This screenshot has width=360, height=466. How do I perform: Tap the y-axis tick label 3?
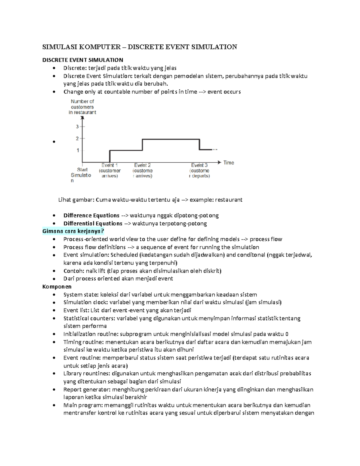click(x=77, y=127)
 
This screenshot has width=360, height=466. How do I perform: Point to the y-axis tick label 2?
click(x=77, y=138)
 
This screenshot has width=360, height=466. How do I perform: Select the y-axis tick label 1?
click(x=78, y=150)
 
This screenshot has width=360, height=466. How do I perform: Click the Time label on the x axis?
click(x=229, y=163)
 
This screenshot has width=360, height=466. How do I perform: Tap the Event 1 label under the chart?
click(x=109, y=165)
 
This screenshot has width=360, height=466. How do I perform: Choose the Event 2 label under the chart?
click(x=142, y=165)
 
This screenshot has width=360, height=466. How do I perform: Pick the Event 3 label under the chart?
click(x=199, y=165)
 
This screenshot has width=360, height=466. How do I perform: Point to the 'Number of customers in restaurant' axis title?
click(x=82, y=107)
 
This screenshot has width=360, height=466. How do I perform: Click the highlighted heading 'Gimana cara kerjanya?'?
click(x=73, y=231)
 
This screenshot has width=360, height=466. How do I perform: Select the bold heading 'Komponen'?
click(x=57, y=287)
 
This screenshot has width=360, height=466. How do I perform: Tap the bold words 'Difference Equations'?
click(x=91, y=215)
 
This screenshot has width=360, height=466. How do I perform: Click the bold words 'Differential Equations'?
click(x=93, y=224)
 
